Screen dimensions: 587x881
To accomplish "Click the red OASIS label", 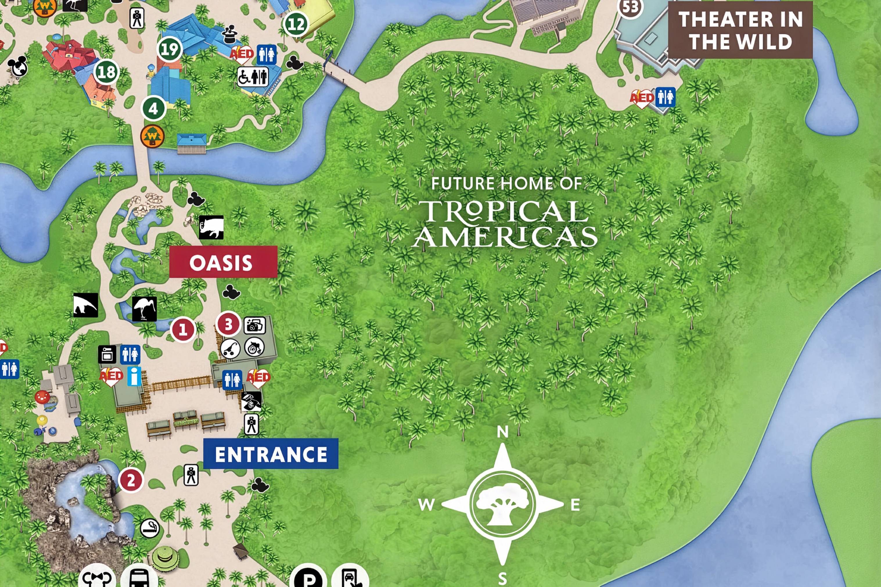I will (x=223, y=262).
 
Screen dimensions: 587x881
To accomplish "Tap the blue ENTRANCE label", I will (x=271, y=454).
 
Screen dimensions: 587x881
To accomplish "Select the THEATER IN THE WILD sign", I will (x=740, y=30).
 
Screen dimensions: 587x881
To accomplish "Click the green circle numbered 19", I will (x=170, y=49).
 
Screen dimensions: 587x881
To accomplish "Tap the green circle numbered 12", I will (x=296, y=24).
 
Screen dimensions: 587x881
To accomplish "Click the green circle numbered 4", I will (x=153, y=109).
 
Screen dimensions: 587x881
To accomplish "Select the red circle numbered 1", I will (x=183, y=330).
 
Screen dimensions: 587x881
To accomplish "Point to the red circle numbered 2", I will (x=131, y=480).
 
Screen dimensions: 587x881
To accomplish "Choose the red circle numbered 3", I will (x=228, y=324).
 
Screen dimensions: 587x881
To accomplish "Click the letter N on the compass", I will (x=502, y=432).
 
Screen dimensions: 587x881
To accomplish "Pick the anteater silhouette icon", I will (x=86, y=305).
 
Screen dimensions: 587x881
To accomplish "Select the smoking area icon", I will (x=150, y=528).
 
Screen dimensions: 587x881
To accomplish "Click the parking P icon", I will (x=308, y=578).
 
